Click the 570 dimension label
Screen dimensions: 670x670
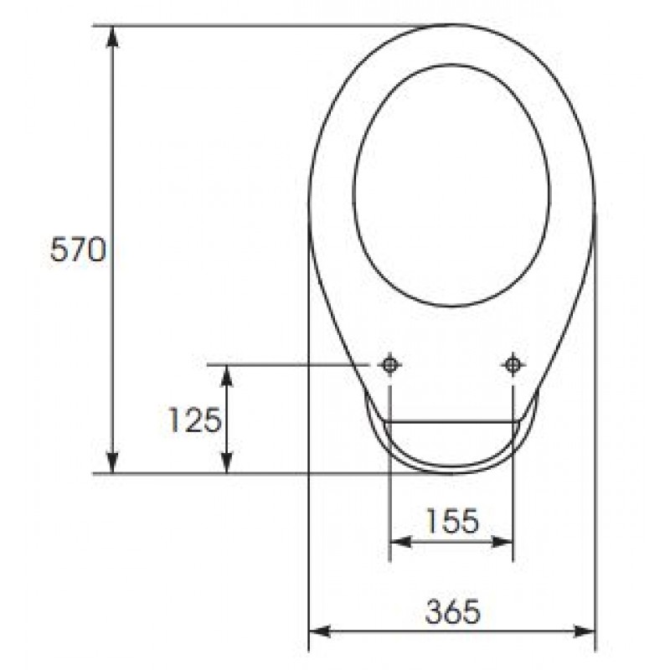[x=77, y=250]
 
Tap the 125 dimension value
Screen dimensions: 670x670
[x=195, y=420]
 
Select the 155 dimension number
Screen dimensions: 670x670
[x=452, y=521]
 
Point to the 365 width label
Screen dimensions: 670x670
[x=452, y=611]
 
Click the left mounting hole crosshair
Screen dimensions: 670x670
[x=389, y=365]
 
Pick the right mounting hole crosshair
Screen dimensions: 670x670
[x=513, y=365]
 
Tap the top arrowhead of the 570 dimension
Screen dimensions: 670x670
[x=112, y=36]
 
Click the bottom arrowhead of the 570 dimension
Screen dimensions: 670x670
[x=112, y=463]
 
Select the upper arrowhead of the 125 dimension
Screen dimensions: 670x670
[x=227, y=375]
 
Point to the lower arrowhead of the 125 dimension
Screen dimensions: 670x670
[x=227, y=463]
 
